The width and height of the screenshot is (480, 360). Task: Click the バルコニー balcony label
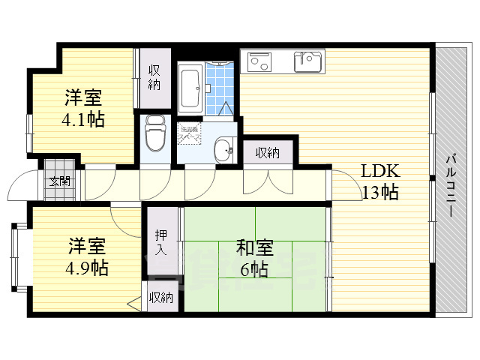click(451, 184)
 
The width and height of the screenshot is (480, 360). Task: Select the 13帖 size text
click(379, 193)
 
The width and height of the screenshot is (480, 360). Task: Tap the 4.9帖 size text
click(88, 267)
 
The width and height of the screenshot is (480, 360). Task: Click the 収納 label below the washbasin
click(267, 153)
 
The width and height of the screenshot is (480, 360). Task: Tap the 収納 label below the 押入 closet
click(160, 298)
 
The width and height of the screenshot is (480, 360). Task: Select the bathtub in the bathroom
click(190, 88)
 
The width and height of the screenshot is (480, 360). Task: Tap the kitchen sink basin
click(307, 61)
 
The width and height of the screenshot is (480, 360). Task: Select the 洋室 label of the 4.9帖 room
click(88, 246)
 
